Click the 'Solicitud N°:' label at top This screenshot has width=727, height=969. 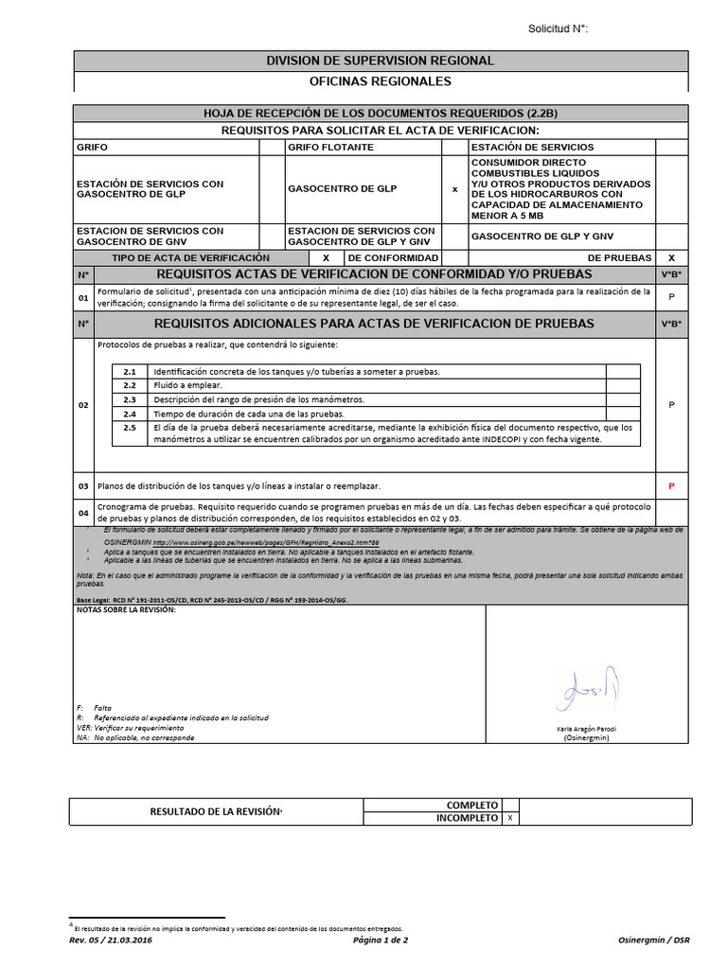tap(558, 29)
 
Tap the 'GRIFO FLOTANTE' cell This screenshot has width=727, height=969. tap(330, 148)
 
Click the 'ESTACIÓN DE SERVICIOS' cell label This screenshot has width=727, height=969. tap(532, 148)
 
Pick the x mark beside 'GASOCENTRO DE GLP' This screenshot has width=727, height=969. tap(454, 189)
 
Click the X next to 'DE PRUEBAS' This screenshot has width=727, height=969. tap(671, 257)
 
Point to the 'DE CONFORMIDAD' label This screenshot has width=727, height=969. tap(392, 257)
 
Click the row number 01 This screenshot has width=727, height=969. tap(83, 298)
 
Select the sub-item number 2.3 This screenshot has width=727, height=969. tap(130, 400)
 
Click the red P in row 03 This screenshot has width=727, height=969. tap(671, 486)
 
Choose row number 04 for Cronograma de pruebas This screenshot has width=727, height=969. tap(83, 513)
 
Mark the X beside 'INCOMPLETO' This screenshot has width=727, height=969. tap(511, 818)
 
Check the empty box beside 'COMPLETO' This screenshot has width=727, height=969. tap(511, 804)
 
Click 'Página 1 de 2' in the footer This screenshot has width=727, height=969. tap(379, 940)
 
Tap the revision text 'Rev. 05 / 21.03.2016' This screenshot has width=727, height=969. tap(111, 940)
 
